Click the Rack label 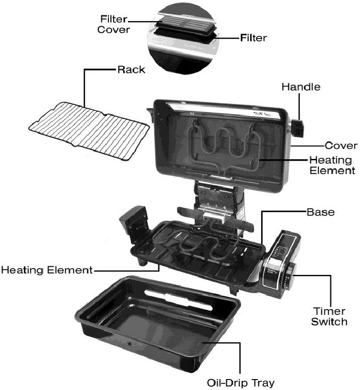(x=131, y=69)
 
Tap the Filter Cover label (x=114, y=24)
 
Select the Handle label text (x=301, y=87)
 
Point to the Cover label (x=341, y=146)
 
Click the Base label (x=321, y=212)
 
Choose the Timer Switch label (x=329, y=316)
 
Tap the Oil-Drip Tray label (x=241, y=382)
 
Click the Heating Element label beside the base (x=47, y=270)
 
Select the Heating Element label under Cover (x=332, y=166)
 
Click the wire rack (x=89, y=131)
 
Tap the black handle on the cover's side (x=298, y=128)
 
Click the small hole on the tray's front (x=130, y=344)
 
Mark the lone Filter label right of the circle (x=253, y=38)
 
